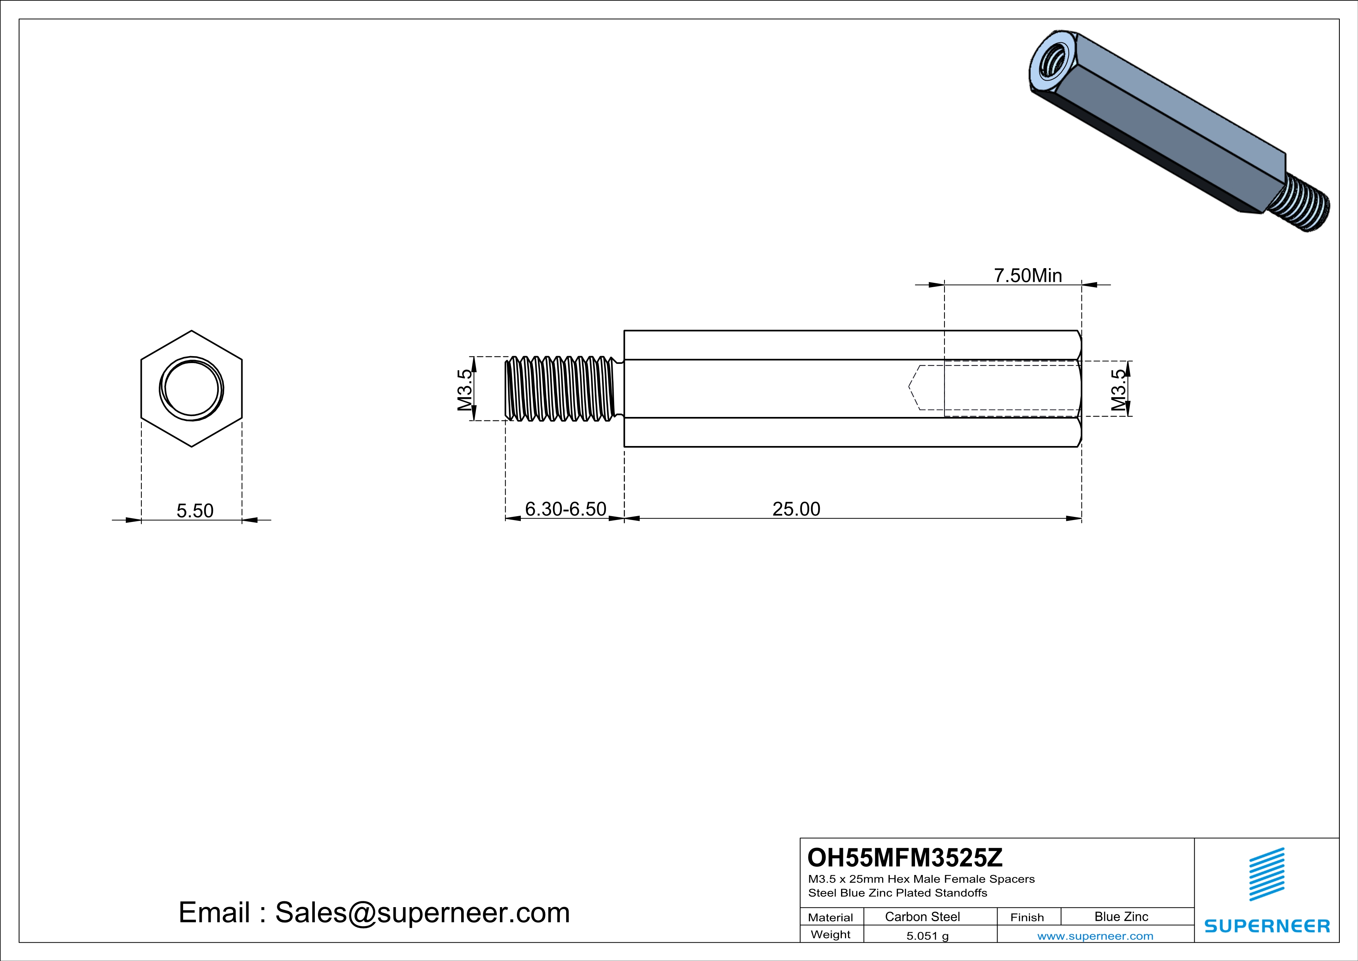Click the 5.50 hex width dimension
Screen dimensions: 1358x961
pos(195,511)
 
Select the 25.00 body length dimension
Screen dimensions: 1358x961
pos(796,509)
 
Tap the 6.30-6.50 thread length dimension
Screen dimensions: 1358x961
pos(565,509)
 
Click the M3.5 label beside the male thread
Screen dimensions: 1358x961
pos(465,389)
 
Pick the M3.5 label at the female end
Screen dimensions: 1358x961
pos(1118,390)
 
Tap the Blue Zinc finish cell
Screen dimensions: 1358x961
pos(1121,916)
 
